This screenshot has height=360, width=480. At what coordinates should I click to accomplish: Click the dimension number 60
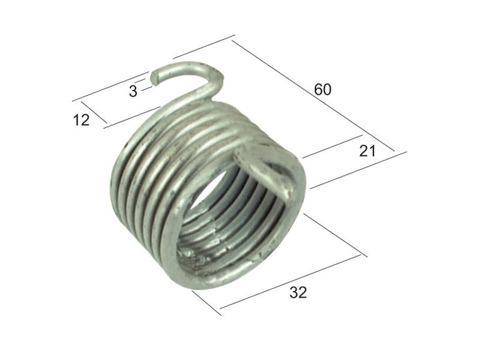pyautogui.click(x=323, y=89)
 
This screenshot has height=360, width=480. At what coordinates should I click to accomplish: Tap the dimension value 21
pyautogui.click(x=367, y=151)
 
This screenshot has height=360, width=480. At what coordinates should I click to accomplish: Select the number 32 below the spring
pyautogui.click(x=298, y=293)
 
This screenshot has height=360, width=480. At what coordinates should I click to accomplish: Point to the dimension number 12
pyautogui.click(x=81, y=120)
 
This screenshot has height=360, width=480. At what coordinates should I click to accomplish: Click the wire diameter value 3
pyautogui.click(x=133, y=91)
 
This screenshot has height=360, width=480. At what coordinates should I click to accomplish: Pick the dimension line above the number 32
pyautogui.click(x=290, y=281)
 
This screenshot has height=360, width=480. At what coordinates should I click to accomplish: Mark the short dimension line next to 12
pyautogui.click(x=94, y=112)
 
